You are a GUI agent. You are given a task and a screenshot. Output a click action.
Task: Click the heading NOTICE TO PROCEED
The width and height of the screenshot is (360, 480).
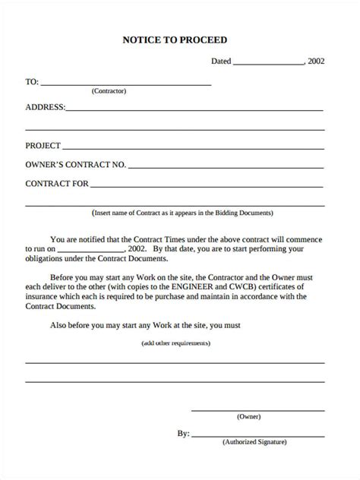(180, 39)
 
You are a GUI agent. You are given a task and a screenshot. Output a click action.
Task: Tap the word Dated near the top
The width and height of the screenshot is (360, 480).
(221, 62)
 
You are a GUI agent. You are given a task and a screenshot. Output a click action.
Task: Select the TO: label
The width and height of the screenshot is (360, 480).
(32, 81)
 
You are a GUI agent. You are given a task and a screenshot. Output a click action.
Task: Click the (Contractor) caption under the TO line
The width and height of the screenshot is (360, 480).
(109, 91)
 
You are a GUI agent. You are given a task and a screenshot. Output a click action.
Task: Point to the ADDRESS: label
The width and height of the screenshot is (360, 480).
(46, 107)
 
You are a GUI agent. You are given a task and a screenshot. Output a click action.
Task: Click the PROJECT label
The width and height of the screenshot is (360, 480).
(43, 144)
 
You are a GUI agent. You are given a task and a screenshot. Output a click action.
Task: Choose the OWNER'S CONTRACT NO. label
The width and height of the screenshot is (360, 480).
(76, 164)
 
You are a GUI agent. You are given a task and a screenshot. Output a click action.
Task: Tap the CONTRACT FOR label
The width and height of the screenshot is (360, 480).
(58, 184)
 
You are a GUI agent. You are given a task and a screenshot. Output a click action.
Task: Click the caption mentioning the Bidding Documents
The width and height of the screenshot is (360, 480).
(182, 213)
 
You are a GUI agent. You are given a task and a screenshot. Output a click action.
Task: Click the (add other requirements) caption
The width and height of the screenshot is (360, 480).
(176, 343)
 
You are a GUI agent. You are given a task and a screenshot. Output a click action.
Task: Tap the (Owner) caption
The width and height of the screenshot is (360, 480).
(248, 417)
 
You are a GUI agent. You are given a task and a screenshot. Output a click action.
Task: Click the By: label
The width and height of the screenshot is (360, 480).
(183, 434)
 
